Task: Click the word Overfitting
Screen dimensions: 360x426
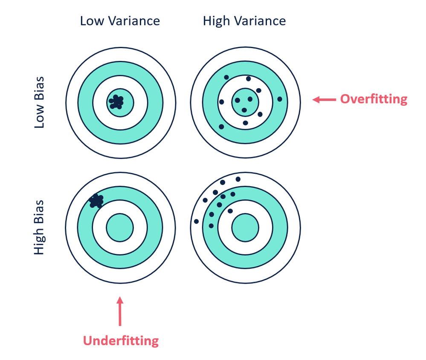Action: pos(374,99)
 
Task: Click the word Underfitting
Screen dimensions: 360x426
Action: pos(121,341)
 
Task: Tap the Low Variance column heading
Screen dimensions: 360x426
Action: pos(120,20)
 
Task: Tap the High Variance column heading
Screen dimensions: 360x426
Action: pos(244,20)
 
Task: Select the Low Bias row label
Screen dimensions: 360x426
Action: pos(39,103)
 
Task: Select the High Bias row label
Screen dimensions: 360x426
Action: pos(39,228)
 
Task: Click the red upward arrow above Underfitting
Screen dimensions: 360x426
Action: pos(121,311)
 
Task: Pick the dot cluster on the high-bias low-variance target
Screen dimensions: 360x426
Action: pos(96,200)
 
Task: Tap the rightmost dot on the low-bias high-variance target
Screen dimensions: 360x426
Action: pos(280,99)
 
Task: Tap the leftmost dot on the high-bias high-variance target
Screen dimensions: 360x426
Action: pos(196,221)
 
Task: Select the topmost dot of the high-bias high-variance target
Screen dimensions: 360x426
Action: pos(238,179)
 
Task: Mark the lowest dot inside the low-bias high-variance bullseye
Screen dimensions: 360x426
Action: pos(244,110)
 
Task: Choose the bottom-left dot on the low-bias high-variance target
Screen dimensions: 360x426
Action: pos(221,127)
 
